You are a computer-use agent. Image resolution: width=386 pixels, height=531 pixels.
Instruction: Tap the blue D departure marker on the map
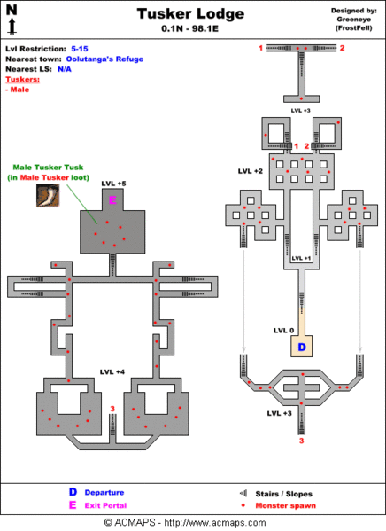(x=301, y=347)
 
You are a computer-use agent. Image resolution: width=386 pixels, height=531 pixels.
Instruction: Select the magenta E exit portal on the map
(x=112, y=201)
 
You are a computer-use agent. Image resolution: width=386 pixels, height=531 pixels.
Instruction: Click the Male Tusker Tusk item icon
(x=48, y=196)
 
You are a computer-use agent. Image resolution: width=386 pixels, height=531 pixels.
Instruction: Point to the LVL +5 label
(x=114, y=184)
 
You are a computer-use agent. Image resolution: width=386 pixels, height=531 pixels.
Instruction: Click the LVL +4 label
(x=112, y=371)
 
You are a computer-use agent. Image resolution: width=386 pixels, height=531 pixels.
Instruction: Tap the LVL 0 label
(x=283, y=331)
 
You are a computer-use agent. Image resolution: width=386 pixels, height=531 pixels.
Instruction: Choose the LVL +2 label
(x=251, y=170)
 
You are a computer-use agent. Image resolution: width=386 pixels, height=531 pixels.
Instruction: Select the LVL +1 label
(x=301, y=258)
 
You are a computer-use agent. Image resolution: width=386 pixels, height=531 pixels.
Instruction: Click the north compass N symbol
(x=12, y=10)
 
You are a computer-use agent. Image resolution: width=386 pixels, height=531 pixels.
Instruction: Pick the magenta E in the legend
(x=73, y=504)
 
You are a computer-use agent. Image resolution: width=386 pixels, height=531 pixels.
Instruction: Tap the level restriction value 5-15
(x=81, y=48)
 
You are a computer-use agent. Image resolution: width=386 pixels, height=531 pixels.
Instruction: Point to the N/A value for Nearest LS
(x=65, y=69)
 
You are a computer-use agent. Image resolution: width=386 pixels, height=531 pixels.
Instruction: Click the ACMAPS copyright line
(x=192, y=522)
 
